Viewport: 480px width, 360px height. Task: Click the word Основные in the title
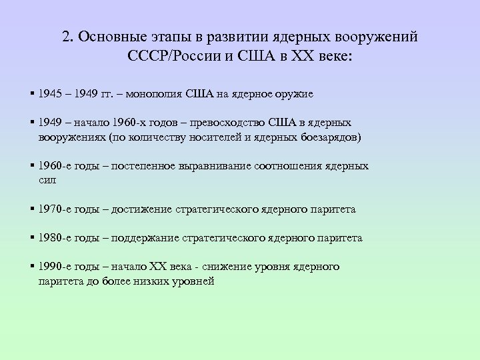110,37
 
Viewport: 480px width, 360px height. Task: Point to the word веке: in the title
336,55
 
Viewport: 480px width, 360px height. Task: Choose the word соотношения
285,166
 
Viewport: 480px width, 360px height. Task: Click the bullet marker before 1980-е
32,238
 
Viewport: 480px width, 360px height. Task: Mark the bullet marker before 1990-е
32,267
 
